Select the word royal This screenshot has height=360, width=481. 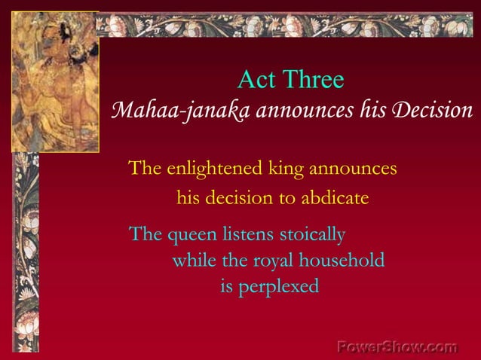275,261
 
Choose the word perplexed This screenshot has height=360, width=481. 279,287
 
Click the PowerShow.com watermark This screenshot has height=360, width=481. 397,347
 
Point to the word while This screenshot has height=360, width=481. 193,261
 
